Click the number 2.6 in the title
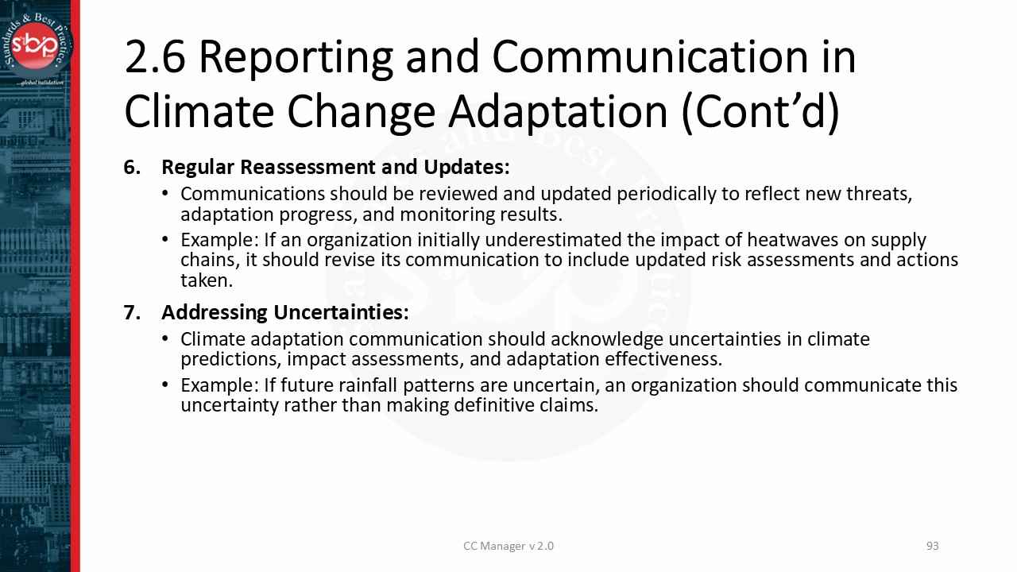pos(155,57)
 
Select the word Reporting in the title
pos(296,57)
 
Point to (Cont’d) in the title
pos(760,111)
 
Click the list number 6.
pos(132,168)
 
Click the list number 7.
pos(132,312)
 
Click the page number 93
pos(933,546)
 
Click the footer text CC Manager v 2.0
pos(508,546)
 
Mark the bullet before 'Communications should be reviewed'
pos(165,194)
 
